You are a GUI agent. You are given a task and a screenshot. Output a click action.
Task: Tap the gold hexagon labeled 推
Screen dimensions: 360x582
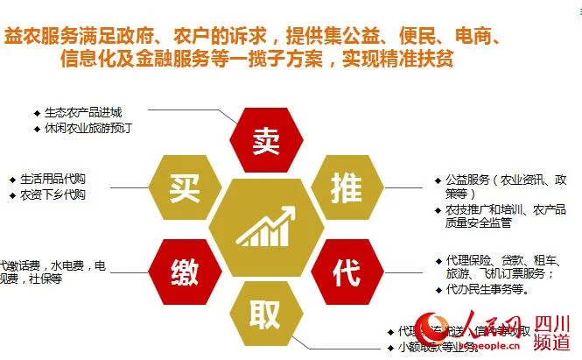[344, 185]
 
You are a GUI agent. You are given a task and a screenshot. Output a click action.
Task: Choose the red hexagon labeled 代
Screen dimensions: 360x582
[345, 271]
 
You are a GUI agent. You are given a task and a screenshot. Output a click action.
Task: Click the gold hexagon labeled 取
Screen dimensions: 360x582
[265, 314]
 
